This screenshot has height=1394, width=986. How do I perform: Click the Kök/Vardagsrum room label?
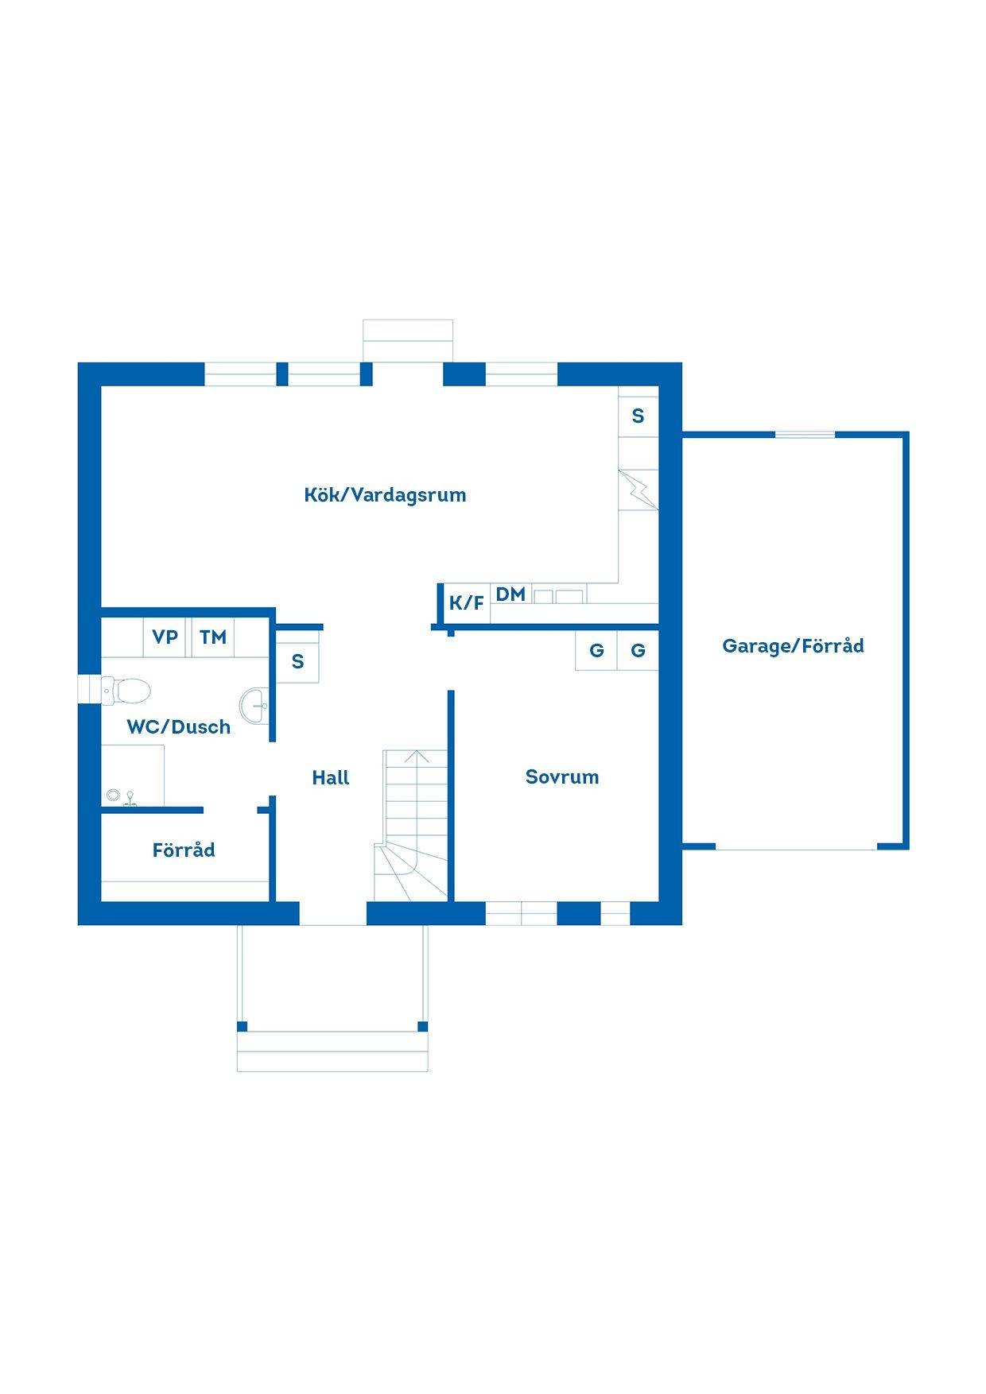pos(385,495)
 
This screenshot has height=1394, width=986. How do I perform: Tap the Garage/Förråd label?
pos(793,646)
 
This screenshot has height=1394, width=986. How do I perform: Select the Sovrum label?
pos(562,777)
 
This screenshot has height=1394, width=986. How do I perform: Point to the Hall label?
pos(331,778)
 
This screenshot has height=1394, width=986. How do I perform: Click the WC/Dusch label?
pos(179,726)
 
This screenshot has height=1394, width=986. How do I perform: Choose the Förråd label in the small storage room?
pos(184,850)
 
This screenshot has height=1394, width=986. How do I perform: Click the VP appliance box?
pos(165,637)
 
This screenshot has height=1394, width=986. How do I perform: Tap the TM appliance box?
pos(213,637)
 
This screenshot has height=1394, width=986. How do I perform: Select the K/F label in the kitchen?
pos(467,603)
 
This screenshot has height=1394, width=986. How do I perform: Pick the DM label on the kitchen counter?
pos(510,594)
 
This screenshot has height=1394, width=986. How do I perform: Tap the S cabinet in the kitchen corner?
pos(639,416)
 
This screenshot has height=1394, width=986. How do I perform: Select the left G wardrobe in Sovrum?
pos(596,651)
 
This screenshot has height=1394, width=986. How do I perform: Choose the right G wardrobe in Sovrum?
pos(638,651)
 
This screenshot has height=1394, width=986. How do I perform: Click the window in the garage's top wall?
pos(805,434)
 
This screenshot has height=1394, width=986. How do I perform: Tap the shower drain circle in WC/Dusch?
pos(112,794)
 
